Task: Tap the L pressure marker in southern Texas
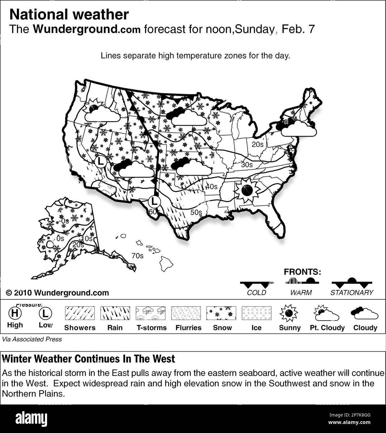pyautogui.click(x=154, y=202)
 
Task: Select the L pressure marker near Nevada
pyautogui.click(x=100, y=161)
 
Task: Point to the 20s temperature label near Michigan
pyautogui.click(x=258, y=144)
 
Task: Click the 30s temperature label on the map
pyautogui.click(x=247, y=165)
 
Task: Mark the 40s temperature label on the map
pyautogui.click(x=211, y=187)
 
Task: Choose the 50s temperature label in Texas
pyautogui.click(x=196, y=212)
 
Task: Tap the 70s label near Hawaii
pyautogui.click(x=137, y=256)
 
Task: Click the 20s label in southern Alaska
pyautogui.click(x=78, y=245)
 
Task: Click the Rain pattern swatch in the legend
pyautogui.click(x=115, y=313)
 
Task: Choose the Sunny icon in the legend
pyautogui.click(x=289, y=313)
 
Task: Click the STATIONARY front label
pyautogui.click(x=352, y=293)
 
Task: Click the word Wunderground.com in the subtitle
pyautogui.click(x=87, y=29)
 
